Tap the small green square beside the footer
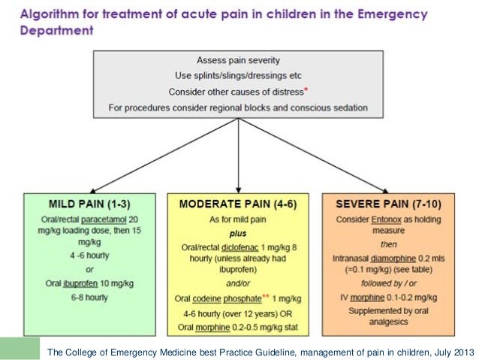pyautogui.click(x=20, y=348)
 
